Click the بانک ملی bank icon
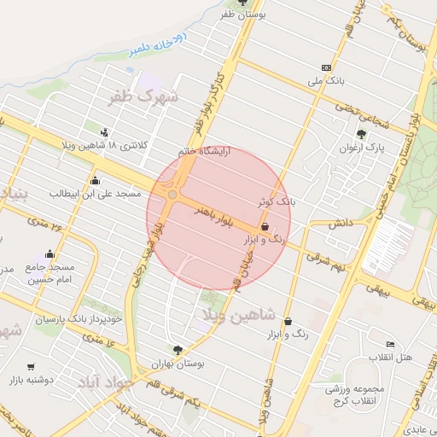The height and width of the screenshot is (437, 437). point(326,67)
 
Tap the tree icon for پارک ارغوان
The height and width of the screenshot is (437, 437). point(362,133)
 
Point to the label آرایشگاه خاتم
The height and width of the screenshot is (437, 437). point(211,150)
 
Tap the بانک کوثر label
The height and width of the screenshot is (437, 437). point(277,202)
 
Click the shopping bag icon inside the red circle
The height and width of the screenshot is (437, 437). point(265,227)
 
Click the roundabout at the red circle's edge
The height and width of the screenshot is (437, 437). point(172,195)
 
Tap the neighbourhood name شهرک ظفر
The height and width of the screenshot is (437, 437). point(143,97)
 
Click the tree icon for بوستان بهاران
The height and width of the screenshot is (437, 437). point(178,349)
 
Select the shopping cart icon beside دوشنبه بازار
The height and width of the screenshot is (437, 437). point(32,366)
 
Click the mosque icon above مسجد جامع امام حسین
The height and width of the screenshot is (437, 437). point(50,253)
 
